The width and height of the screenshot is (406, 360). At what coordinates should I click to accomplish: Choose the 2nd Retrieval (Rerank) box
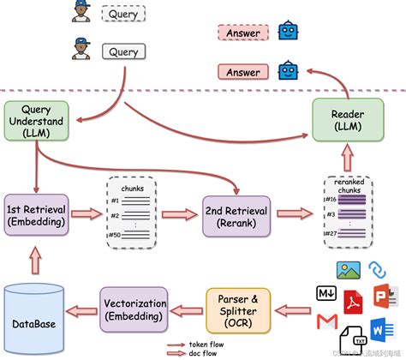[235, 214]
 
